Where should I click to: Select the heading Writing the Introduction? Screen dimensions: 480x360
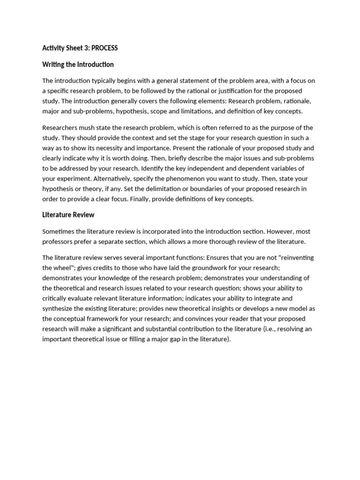click(x=78, y=64)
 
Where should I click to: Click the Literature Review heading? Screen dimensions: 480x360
click(x=68, y=215)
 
